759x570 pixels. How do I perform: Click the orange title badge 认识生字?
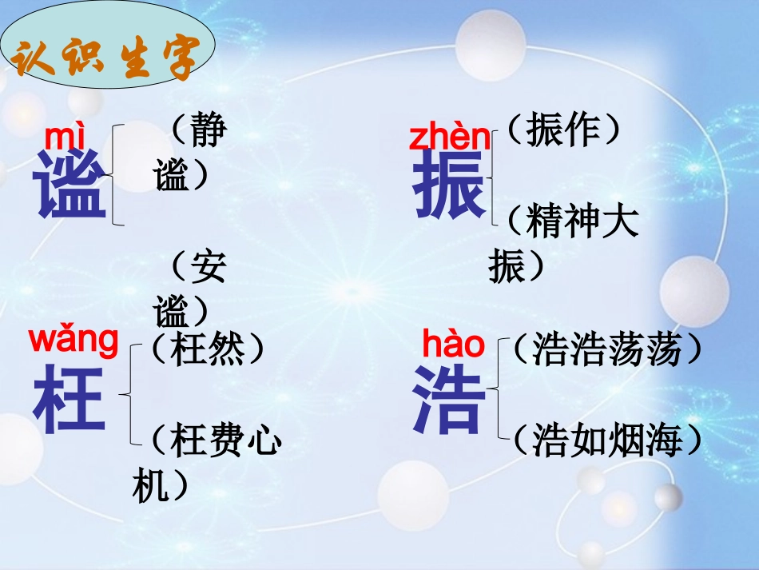coord(108,58)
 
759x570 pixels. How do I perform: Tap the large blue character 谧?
coord(70,185)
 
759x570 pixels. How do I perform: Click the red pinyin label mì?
coord(63,138)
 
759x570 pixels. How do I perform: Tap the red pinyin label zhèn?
coord(450,138)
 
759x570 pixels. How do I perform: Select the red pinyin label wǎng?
coord(74,340)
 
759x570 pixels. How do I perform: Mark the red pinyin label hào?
coord(453,345)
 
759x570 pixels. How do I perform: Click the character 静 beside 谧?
coord(209,130)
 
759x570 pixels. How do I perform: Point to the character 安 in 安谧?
coord(209,268)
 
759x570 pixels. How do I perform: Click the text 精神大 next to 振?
coord(583,221)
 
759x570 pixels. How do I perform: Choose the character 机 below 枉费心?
coord(151,485)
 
